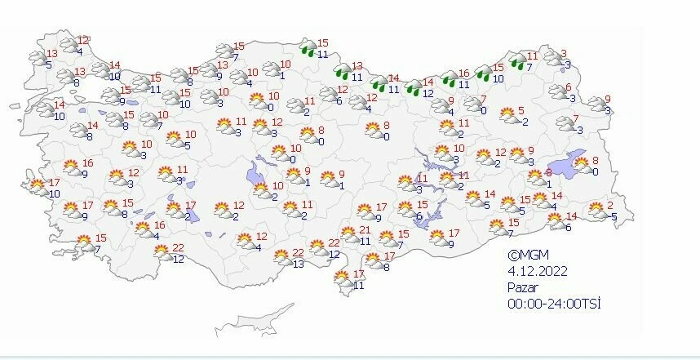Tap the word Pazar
click(523, 287)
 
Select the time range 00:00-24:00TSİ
click(553, 304)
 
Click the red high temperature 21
click(366, 231)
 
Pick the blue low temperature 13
click(299, 264)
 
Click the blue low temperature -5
click(613, 216)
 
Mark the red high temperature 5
click(521, 111)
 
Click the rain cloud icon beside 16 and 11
click(450, 78)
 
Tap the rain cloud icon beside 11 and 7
click(517, 61)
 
